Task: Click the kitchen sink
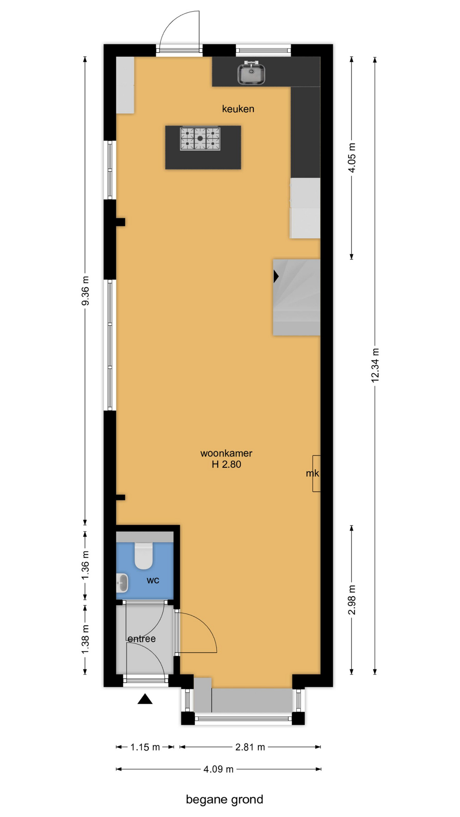(251, 73)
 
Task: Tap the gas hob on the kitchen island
(200, 139)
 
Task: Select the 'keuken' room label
(238, 109)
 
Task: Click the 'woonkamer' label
(226, 454)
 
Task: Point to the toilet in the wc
(144, 556)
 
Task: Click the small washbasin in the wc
(122, 583)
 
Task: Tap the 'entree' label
(142, 639)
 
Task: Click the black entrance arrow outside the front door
(145, 699)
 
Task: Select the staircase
(296, 297)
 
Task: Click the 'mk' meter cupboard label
(312, 473)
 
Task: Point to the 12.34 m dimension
(375, 365)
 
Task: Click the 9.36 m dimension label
(86, 291)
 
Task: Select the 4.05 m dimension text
(352, 157)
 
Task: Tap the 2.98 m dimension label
(352, 600)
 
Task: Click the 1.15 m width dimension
(145, 747)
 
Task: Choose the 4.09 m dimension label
(218, 769)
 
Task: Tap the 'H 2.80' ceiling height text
(227, 465)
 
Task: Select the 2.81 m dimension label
(250, 747)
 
